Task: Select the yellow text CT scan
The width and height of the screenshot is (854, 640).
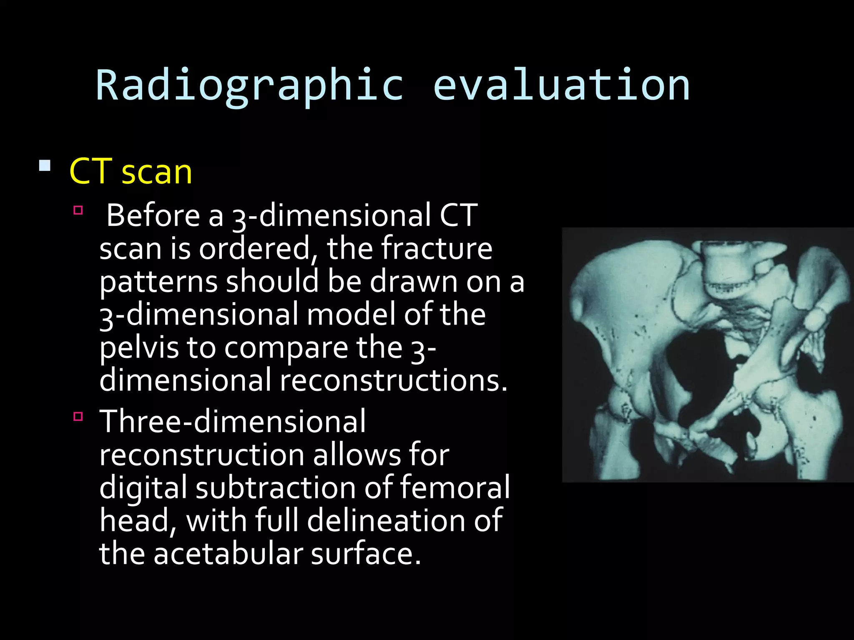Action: pos(131,171)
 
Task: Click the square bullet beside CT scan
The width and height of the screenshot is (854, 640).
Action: pos(45,166)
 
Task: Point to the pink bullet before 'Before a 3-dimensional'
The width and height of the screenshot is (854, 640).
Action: pos(78,210)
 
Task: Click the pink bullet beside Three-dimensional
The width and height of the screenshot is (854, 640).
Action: pos(78,416)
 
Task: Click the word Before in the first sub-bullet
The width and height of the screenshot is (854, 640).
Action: pos(153,215)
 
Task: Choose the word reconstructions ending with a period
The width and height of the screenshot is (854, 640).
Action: pos(393,380)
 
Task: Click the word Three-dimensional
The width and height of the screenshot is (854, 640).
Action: pos(233,421)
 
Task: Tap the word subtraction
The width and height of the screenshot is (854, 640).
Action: pos(275,487)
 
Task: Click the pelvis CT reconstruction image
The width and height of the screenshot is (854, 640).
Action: pos(708,355)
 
